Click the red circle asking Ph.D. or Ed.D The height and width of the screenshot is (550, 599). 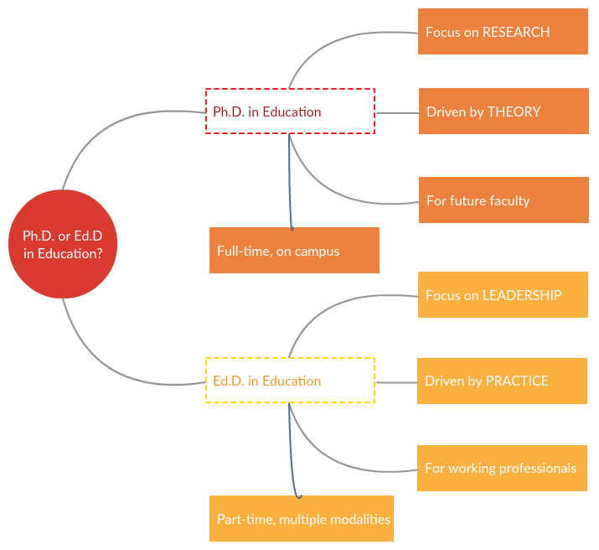(x=63, y=244)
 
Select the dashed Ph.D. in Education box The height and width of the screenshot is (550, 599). (x=290, y=112)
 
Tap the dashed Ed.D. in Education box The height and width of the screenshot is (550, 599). (x=290, y=381)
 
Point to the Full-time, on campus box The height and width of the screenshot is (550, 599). (x=294, y=250)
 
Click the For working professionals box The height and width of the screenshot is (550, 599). (x=502, y=468)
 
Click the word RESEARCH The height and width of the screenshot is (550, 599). (x=516, y=32)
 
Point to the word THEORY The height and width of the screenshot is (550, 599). (x=514, y=112)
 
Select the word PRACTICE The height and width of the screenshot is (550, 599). (x=518, y=381)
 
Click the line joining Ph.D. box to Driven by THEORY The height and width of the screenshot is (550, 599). (x=397, y=112)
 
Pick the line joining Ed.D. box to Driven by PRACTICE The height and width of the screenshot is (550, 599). (x=396, y=382)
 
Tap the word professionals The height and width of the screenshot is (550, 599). (x=538, y=468)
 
